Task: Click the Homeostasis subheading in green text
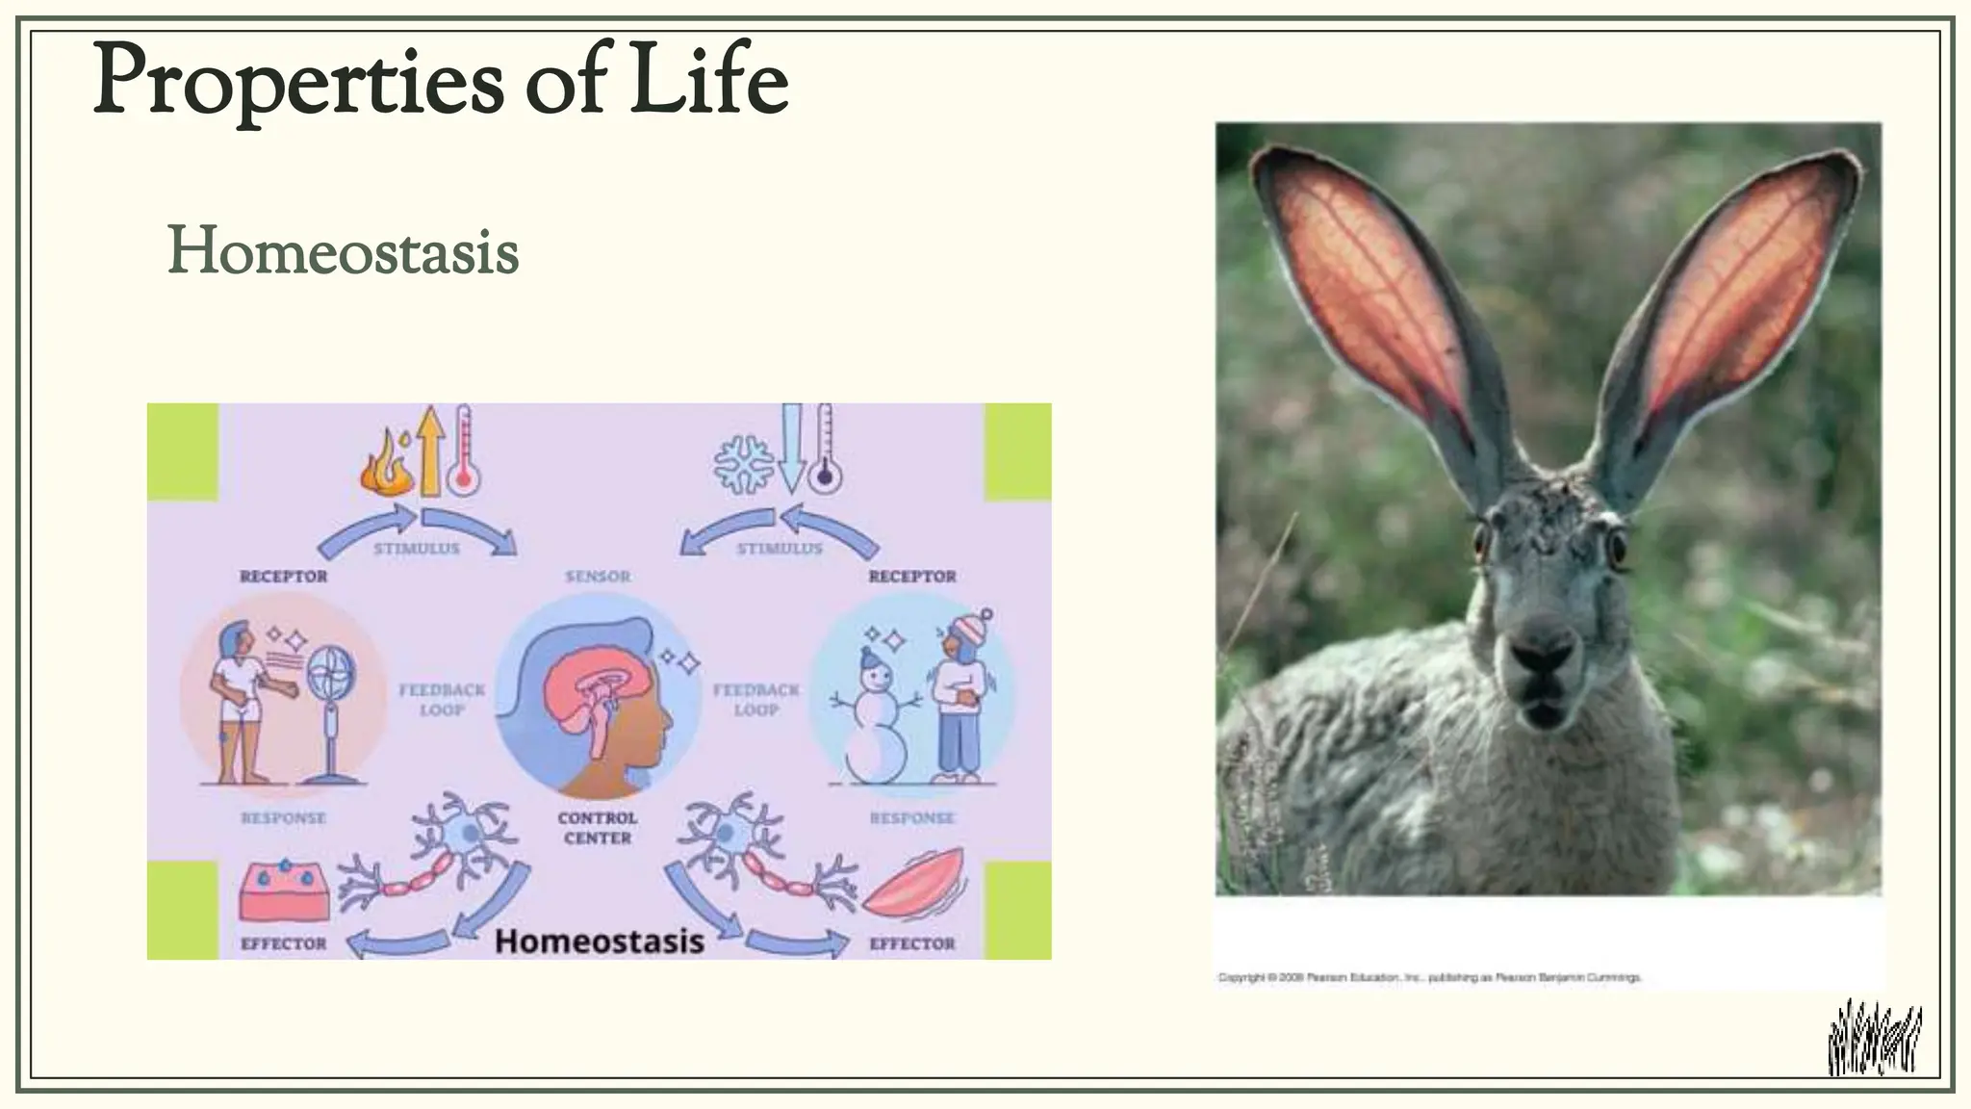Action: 344,252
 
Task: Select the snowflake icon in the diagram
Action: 743,465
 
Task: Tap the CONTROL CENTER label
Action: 597,828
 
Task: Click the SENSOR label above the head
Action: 598,577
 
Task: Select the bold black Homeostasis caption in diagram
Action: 599,941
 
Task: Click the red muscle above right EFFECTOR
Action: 914,882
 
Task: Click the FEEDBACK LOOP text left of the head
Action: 442,700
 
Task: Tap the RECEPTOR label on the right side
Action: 912,577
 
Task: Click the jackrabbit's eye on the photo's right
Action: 1617,549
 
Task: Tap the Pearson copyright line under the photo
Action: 1429,977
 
